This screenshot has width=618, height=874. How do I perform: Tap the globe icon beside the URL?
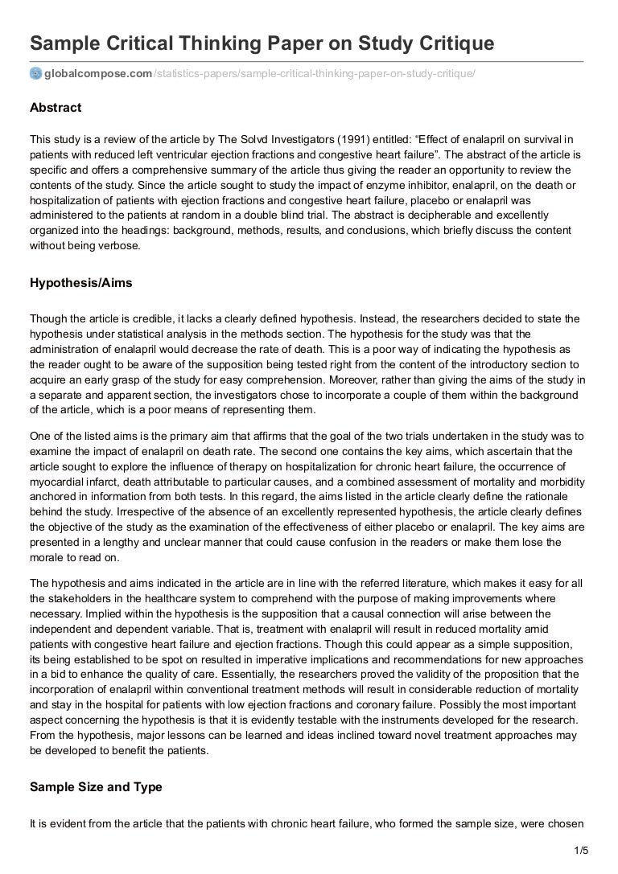[x=35, y=74]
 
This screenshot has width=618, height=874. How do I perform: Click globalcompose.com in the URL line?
[x=98, y=74]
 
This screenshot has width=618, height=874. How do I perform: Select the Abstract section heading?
[x=56, y=108]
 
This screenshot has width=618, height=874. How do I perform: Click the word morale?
[x=47, y=558]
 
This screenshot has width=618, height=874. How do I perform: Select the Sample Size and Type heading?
[x=96, y=787]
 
